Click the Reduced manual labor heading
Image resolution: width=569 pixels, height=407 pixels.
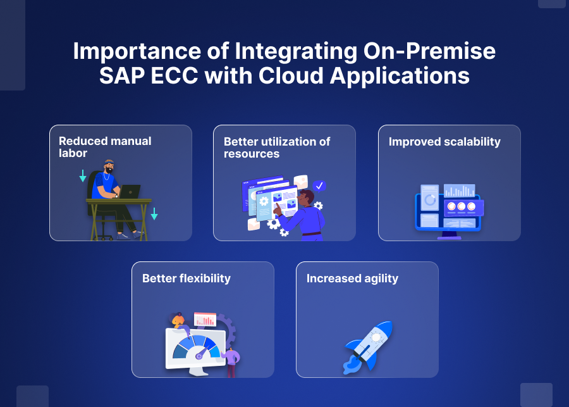pyautogui.click(x=105, y=147)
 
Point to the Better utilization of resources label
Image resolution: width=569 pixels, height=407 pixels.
pyautogui.click(x=276, y=147)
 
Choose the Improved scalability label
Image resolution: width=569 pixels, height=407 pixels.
pyautogui.click(x=444, y=142)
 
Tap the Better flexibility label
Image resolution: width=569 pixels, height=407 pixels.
pyautogui.click(x=186, y=279)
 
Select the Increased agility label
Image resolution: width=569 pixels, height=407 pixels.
pyautogui.click(x=352, y=279)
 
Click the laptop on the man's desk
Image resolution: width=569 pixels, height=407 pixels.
pyautogui.click(x=130, y=191)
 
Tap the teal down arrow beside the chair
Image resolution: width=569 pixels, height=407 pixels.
pyautogui.click(x=83, y=175)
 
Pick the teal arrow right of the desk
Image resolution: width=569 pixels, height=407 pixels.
pyautogui.click(x=154, y=214)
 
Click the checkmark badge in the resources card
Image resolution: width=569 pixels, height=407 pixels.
pyautogui.click(x=319, y=185)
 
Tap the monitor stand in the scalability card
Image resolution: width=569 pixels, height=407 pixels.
pyautogui.click(x=450, y=235)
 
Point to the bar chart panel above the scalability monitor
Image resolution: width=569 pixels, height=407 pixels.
pyautogui.click(x=459, y=191)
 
